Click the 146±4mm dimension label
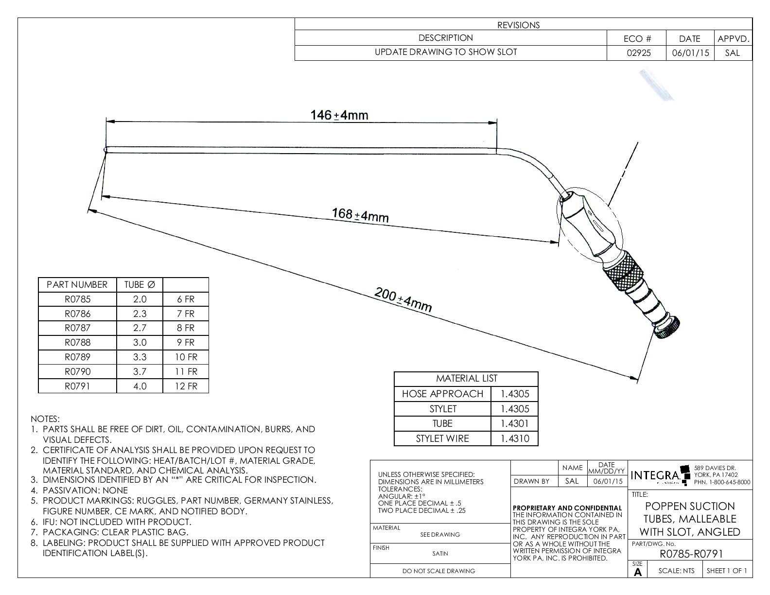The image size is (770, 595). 339,115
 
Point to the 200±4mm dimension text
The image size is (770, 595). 403,299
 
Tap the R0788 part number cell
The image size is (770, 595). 77,342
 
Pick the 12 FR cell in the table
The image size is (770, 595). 186,386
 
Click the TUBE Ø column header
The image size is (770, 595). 140,284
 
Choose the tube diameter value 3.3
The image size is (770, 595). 140,357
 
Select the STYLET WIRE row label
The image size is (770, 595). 442,438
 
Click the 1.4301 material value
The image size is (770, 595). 515,423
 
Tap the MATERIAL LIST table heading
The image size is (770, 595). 466,378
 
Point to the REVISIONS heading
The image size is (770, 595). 518,25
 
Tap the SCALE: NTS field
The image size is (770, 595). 676,571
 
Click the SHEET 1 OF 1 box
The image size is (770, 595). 727,571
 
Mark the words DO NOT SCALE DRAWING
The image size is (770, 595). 438,571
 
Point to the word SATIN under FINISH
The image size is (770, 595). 440,553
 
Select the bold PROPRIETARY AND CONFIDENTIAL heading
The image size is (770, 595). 567,508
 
